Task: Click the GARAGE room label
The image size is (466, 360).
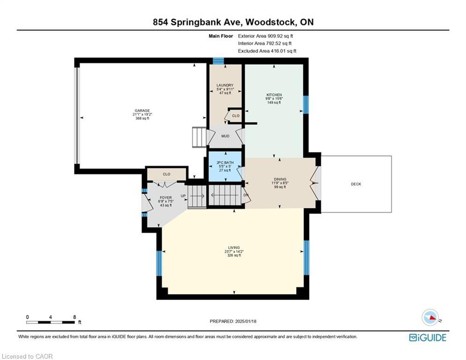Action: click(142, 111)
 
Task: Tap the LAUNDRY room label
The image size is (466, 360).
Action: click(225, 85)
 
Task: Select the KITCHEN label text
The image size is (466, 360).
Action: click(274, 95)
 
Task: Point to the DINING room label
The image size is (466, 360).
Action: click(280, 180)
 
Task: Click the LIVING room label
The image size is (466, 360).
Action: click(234, 247)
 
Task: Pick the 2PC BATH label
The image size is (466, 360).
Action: click(225, 163)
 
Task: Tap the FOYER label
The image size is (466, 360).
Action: click(165, 197)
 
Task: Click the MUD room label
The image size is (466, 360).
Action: click(225, 136)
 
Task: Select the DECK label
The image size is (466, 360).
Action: click(356, 184)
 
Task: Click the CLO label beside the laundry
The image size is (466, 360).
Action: click(236, 116)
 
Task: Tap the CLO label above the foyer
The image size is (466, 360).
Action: click(166, 174)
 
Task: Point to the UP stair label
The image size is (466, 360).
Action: click(183, 196)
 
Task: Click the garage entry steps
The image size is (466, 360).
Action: click(199, 137)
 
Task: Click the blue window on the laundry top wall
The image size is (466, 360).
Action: click(218, 60)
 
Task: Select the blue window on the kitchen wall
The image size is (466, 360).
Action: click(306, 105)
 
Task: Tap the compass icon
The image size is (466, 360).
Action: click(430, 317)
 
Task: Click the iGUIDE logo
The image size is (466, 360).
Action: click(428, 337)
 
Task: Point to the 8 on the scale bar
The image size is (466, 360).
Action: click(74, 317)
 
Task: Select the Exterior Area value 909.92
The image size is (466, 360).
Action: click(274, 36)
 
